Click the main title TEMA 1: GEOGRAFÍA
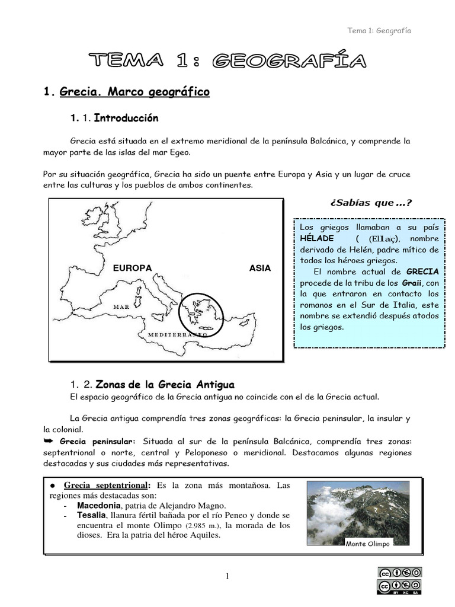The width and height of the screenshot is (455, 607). tap(227, 60)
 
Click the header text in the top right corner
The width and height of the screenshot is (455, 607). tap(379, 31)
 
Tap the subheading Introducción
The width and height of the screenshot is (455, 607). tap(126, 118)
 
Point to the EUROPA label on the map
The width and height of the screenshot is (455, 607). tap(133, 268)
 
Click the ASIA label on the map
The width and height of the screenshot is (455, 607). tap(260, 268)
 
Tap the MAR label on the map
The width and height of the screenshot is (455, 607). tap(121, 307)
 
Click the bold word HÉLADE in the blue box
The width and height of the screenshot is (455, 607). tap(316, 238)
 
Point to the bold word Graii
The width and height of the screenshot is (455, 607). tap(411, 283)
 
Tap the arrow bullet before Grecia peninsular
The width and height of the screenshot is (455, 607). tap(49, 441)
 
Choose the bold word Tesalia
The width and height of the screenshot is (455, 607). tap(91, 516)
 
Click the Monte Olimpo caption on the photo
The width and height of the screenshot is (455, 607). tap(368, 544)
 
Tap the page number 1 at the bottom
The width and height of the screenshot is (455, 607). tap(226, 577)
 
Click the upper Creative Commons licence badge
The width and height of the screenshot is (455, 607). tap(399, 573)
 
